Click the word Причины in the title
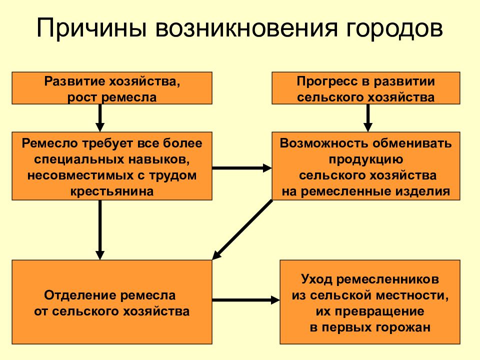tap(91, 28)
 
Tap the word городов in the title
tap(394, 28)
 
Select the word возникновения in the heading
tap(246, 28)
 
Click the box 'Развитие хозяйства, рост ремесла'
tap(112, 88)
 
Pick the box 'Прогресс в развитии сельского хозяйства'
tap(366, 88)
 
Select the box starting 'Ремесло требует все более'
tap(112, 166)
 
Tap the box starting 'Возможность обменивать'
tap(366, 166)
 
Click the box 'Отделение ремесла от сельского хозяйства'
tap(112, 302)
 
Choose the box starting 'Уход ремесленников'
tap(370, 302)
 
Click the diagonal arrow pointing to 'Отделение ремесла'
tap(242, 230)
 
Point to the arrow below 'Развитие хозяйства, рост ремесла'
tap(100, 118)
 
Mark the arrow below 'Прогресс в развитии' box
tap(368, 118)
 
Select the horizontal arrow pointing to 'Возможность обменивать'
tap(242, 168)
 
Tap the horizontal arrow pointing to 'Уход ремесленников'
tap(246, 299)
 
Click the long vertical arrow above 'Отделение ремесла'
tap(100, 230)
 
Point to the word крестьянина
tap(112, 191)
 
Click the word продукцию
tap(366, 159)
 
